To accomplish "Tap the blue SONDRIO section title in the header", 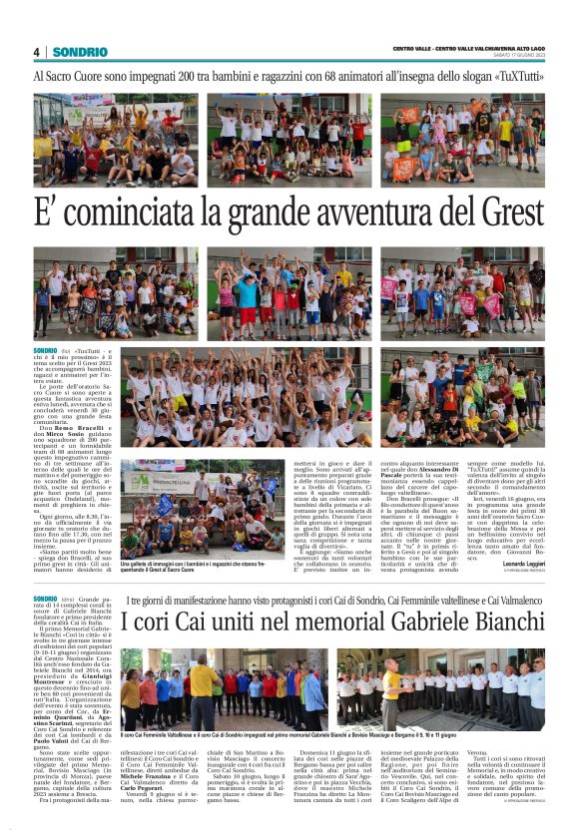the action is tap(81, 52).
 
